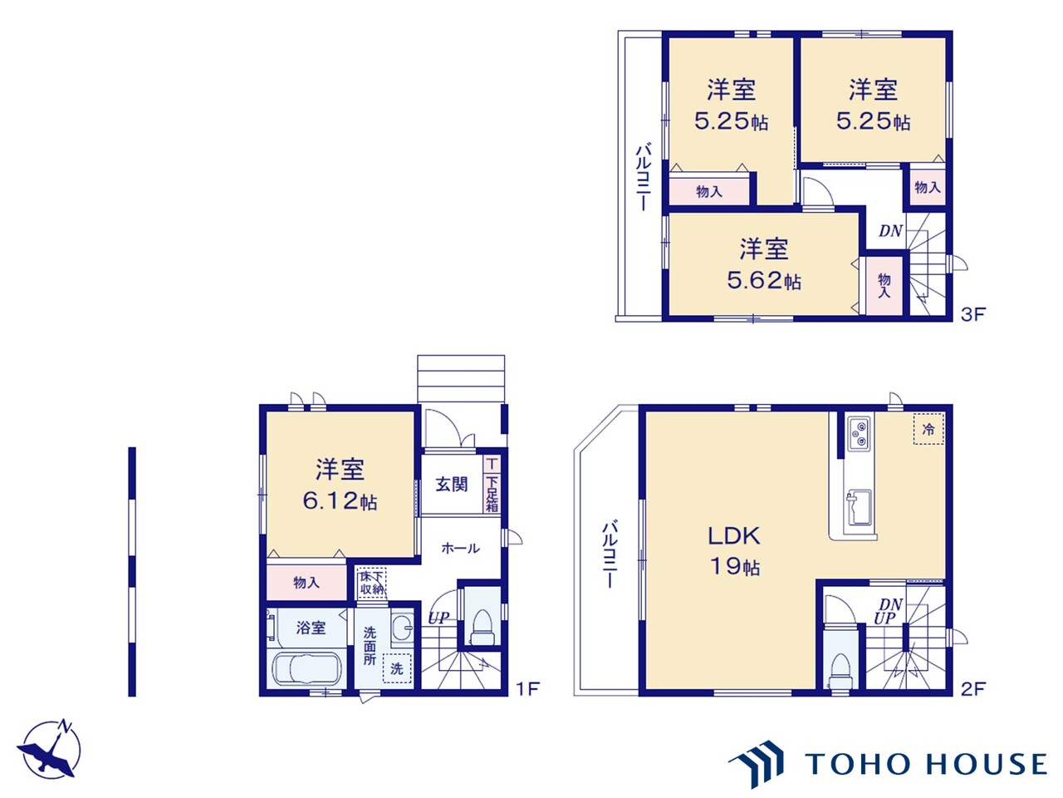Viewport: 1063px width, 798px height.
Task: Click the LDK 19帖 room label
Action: click(733, 551)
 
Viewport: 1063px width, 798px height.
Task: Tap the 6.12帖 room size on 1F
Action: click(340, 500)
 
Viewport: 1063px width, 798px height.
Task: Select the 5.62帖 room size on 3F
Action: click(764, 280)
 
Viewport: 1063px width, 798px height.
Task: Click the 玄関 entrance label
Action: click(451, 484)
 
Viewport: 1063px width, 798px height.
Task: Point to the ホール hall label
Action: click(460, 549)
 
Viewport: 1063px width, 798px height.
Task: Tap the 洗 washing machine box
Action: click(397, 668)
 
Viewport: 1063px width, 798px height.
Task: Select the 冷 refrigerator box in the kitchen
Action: click(928, 429)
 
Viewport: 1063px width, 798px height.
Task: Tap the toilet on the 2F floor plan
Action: click(840, 671)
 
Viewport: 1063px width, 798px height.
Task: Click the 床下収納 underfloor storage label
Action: click(372, 584)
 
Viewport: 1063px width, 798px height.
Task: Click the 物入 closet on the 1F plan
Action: click(306, 583)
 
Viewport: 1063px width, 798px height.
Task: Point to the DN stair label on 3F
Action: click(890, 232)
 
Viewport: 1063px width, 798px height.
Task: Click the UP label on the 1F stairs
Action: click(438, 618)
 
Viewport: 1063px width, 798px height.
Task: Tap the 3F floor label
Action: click(972, 314)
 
